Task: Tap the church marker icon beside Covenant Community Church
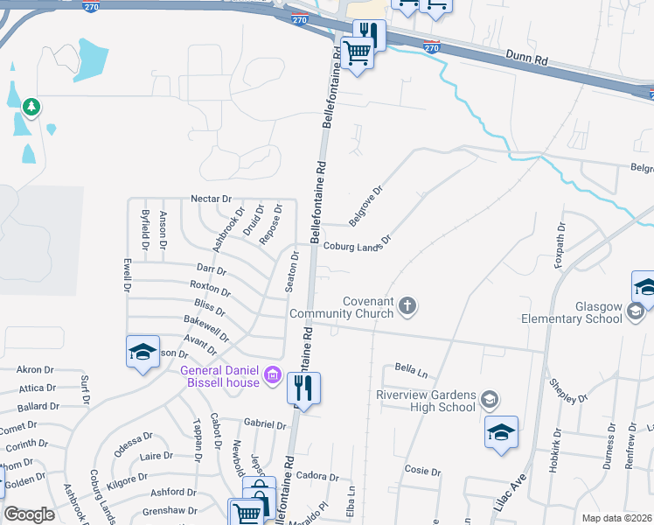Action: tap(407, 306)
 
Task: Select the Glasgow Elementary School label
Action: tap(573, 313)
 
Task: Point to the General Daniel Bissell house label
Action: tap(219, 375)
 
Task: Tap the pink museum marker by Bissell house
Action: tap(273, 376)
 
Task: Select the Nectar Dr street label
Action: tap(211, 199)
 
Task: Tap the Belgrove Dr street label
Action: tap(366, 202)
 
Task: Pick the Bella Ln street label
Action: tap(410, 368)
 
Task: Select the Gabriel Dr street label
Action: tap(265, 424)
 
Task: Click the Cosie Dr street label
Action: tap(423, 471)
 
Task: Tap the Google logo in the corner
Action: tap(29, 514)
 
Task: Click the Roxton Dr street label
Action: tap(210, 288)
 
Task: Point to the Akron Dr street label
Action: tap(36, 370)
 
